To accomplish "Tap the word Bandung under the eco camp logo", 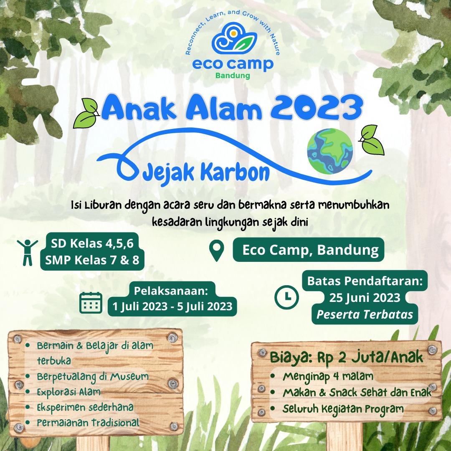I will [233, 76].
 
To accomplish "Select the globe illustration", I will [329, 149].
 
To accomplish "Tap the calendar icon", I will [91, 303].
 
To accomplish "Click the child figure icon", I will [28, 252].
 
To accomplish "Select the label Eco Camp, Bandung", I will [310, 250].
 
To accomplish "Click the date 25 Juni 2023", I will [365, 298].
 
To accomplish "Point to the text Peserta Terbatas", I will [365, 314].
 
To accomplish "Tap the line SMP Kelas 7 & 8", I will [92, 261].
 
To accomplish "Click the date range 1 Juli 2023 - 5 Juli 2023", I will [172, 306].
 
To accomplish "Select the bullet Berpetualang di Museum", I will [93, 377].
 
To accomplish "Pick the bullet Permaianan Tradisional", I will [88, 423].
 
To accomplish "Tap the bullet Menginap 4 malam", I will [328, 377].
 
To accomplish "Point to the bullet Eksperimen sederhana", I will [85, 407].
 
